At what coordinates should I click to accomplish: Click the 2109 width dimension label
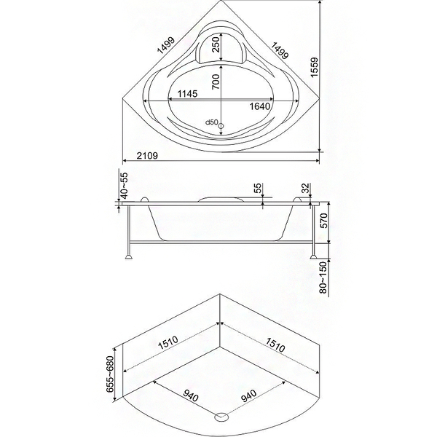(x=147, y=156)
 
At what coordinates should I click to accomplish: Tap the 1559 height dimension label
(x=315, y=68)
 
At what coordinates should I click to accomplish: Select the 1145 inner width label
(x=187, y=94)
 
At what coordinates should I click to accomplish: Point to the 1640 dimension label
(x=260, y=106)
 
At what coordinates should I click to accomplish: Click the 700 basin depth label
(x=216, y=82)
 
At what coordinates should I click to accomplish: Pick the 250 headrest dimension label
(x=216, y=44)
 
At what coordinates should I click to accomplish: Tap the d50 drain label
(x=211, y=122)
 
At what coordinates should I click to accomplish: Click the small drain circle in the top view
(x=221, y=126)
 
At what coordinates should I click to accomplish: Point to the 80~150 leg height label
(x=323, y=277)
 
